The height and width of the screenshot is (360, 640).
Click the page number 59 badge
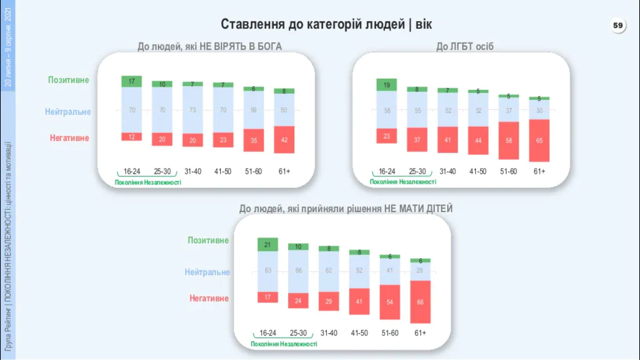618,25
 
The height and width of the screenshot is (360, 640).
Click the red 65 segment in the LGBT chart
539,140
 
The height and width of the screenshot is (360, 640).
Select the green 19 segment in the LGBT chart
386,85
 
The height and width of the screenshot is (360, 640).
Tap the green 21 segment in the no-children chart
267,244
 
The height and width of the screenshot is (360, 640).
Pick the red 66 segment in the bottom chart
420,302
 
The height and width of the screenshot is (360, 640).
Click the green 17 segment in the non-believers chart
131,81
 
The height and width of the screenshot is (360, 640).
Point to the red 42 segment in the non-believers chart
284,140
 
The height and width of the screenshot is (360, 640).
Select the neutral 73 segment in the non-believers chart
192,110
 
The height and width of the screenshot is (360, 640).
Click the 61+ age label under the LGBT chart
539,171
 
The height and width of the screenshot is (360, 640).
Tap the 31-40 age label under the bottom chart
329,333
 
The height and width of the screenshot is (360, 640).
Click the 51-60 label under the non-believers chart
253,171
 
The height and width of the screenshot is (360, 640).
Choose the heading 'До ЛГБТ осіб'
465,46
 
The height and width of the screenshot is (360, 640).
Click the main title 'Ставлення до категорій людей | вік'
326,24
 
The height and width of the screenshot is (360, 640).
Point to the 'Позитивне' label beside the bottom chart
208,240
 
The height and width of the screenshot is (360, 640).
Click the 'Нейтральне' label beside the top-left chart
68,112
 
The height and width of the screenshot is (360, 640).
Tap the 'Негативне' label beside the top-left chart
69,138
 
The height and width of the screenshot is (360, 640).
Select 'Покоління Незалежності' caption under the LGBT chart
403,182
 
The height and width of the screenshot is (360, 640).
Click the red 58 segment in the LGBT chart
508,140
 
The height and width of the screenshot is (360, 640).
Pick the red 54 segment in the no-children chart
389,302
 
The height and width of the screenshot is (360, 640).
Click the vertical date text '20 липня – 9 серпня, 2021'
8,47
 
